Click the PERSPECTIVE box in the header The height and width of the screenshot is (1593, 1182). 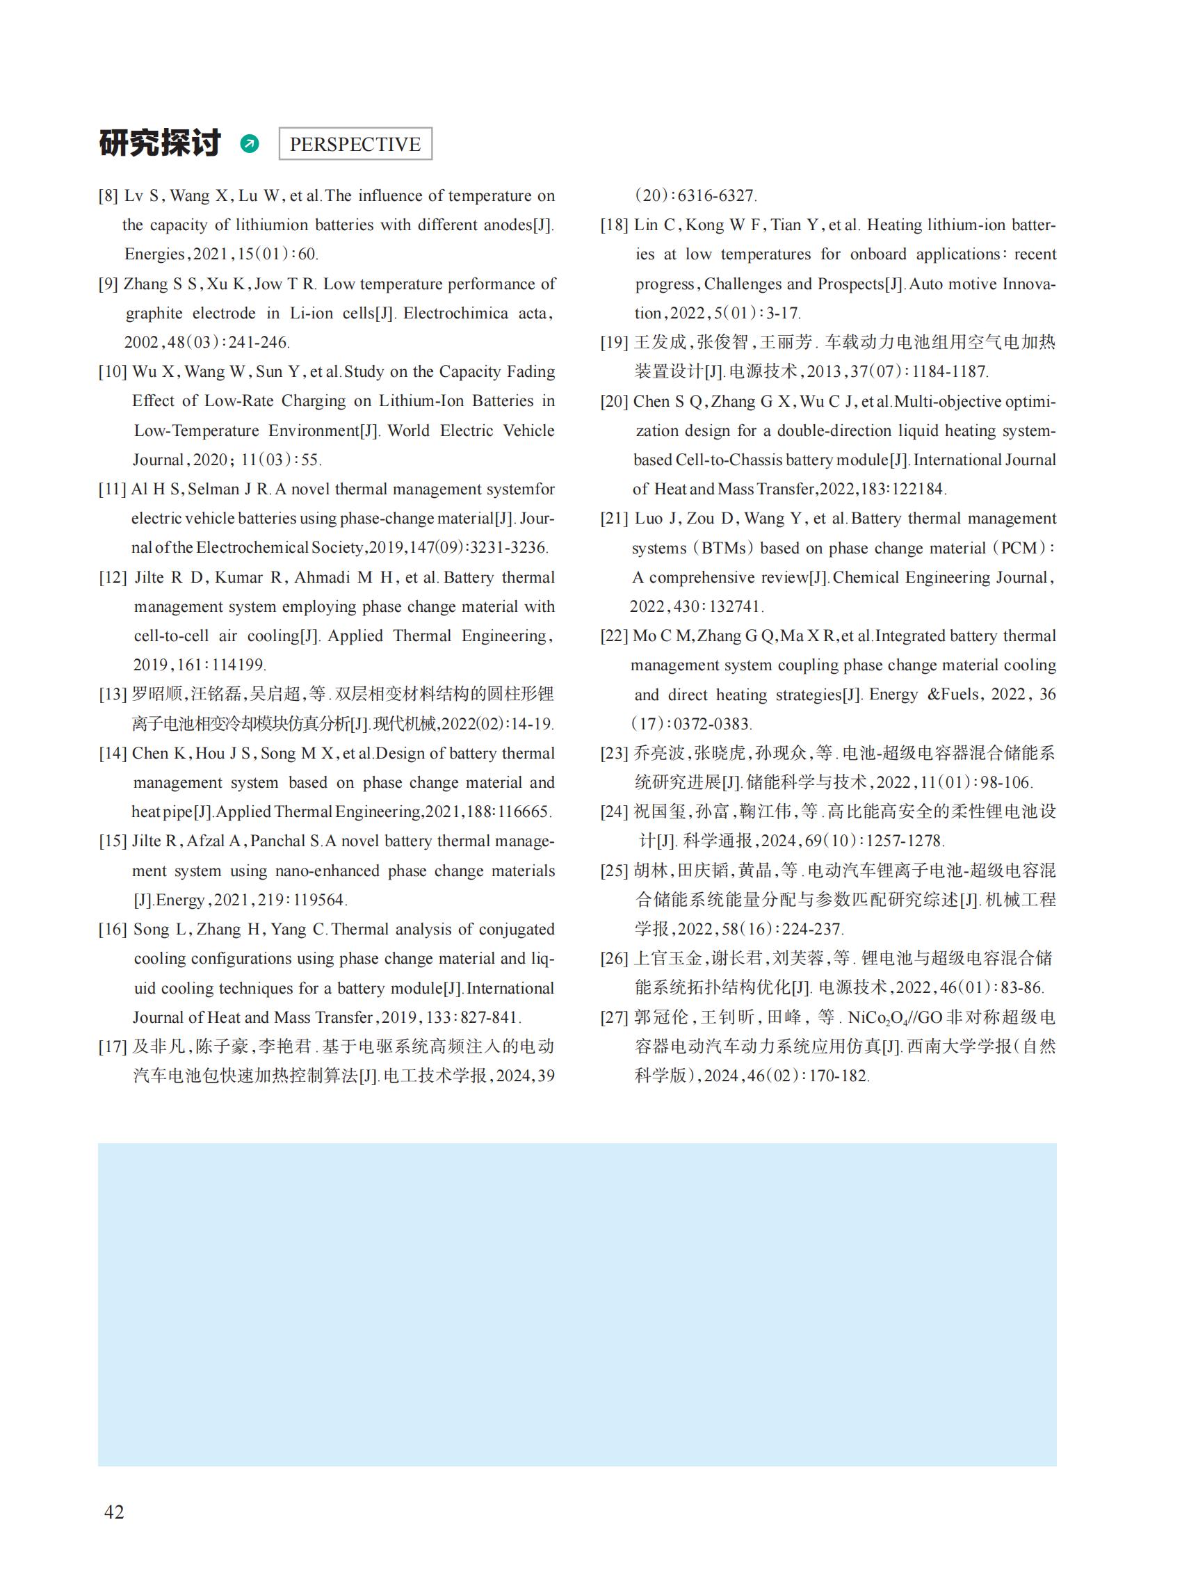[x=355, y=144]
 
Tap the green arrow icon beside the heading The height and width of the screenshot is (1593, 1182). [x=249, y=144]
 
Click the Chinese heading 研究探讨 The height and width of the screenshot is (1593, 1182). [x=159, y=143]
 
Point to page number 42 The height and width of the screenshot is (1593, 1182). [x=114, y=1512]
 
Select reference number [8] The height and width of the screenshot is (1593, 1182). [x=108, y=196]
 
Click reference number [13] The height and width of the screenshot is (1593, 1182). [x=113, y=694]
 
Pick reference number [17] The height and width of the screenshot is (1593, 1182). [x=113, y=1046]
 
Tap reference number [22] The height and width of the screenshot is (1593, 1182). [x=614, y=636]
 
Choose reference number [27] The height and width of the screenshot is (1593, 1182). [x=614, y=1017]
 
